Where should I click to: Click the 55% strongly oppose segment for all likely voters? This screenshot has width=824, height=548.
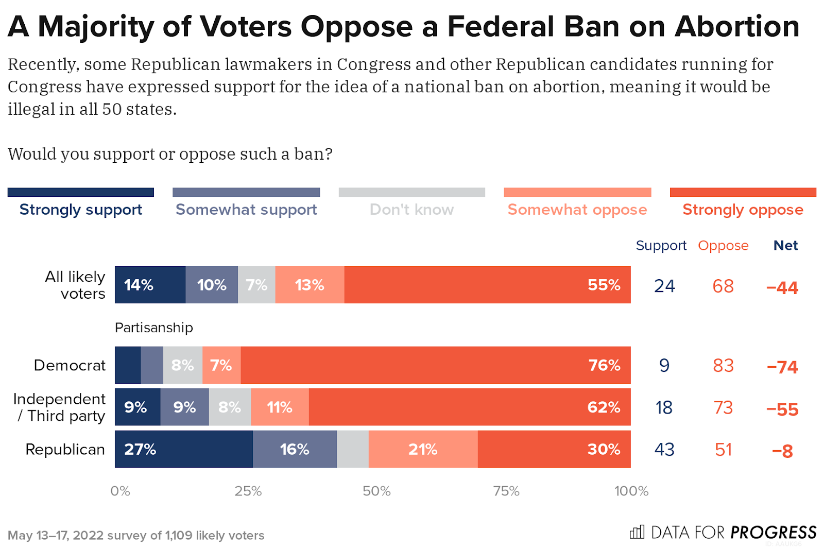tap(487, 285)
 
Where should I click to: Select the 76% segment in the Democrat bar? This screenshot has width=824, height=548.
tap(436, 365)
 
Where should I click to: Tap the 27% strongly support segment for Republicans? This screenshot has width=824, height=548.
tap(184, 449)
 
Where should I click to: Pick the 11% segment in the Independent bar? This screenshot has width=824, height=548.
tap(280, 407)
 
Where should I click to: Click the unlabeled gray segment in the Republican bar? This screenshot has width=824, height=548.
tap(353, 449)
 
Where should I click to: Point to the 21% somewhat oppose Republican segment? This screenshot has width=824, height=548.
tap(423, 449)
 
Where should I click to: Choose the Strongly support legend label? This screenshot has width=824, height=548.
tap(81, 210)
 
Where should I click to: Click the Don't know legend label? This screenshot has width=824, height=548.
tap(412, 210)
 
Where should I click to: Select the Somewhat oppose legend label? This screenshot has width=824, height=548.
tap(577, 210)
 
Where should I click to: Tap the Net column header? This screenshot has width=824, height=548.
tap(785, 246)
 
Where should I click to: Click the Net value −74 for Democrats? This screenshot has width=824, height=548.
tap(782, 367)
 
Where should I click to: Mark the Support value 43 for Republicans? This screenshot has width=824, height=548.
tap(664, 450)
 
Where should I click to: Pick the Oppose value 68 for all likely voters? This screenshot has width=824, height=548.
tap(723, 286)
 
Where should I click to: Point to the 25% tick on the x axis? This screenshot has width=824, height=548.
tap(248, 491)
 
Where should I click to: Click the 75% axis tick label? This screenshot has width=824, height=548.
tap(506, 491)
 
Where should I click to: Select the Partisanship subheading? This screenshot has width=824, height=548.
tap(154, 328)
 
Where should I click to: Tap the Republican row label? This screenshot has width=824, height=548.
tap(65, 450)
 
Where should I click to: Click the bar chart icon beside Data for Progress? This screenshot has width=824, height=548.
tap(637, 532)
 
